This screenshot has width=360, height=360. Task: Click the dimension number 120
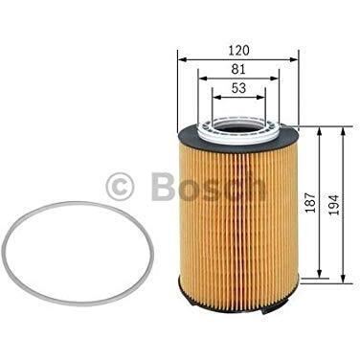(x=238, y=51)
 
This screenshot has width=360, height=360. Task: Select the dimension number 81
(x=238, y=69)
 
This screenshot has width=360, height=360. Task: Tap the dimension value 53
(x=238, y=88)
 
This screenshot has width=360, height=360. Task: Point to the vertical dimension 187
(x=310, y=202)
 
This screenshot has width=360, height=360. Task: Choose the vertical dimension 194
(x=334, y=204)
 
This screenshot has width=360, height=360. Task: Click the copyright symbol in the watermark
(x=120, y=187)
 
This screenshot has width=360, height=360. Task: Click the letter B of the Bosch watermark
(x=163, y=187)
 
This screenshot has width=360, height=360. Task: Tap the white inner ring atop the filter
(x=239, y=130)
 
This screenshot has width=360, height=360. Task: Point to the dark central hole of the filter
(x=238, y=125)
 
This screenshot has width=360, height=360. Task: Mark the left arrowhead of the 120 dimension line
(x=182, y=59)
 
